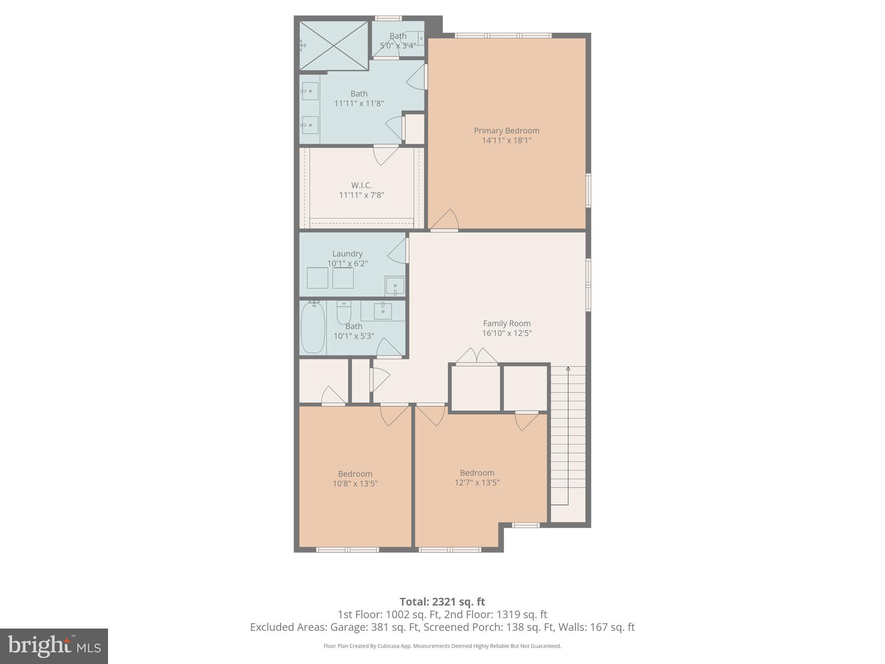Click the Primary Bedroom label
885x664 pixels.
click(506, 131)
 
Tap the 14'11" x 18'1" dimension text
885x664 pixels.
click(506, 140)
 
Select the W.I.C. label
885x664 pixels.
click(361, 185)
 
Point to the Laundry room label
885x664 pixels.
click(347, 254)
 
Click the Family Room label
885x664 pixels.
click(506, 323)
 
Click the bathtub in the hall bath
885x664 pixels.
click(313, 328)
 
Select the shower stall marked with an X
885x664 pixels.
click(334, 45)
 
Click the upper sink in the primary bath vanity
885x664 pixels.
click(310, 91)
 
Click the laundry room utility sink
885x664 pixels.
click(395, 286)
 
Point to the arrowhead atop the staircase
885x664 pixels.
click(568, 369)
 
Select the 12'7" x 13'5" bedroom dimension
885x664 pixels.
click(477, 482)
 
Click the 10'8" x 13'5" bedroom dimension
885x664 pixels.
click(355, 484)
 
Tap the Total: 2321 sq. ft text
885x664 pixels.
click(442, 602)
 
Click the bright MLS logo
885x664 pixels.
click(54, 646)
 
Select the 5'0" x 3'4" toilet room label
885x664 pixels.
click(398, 45)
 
